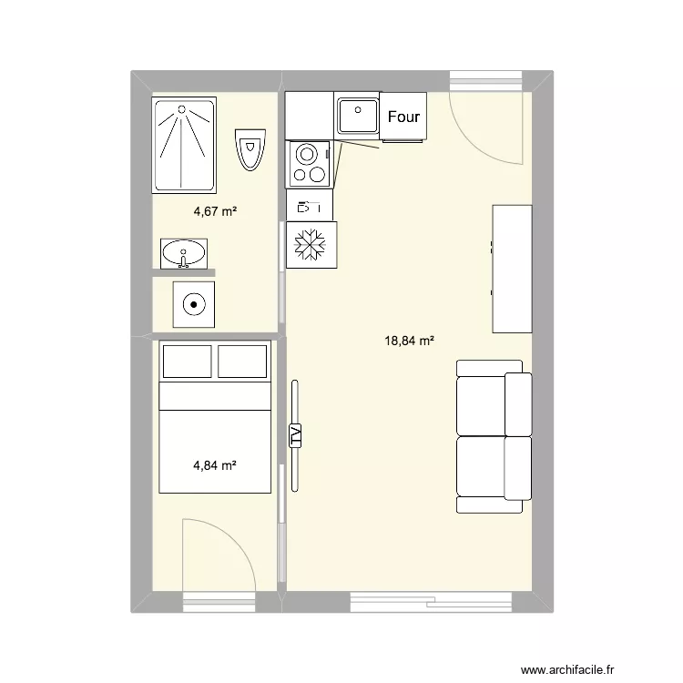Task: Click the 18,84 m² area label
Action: [409, 341]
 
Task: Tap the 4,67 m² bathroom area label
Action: [215, 211]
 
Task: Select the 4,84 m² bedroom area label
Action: [215, 465]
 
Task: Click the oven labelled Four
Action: [403, 117]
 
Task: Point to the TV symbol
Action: [295, 435]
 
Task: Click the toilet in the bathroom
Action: [250, 149]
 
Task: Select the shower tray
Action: [184, 145]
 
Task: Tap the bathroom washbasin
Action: [184, 253]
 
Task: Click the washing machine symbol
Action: [194, 304]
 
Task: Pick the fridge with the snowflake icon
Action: [311, 244]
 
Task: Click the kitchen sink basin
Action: [358, 116]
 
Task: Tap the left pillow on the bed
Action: [188, 362]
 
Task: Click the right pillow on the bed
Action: [242, 362]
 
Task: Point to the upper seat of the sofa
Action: [494, 405]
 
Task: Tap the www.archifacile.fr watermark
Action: [567, 669]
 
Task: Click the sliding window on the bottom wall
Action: [432, 602]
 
